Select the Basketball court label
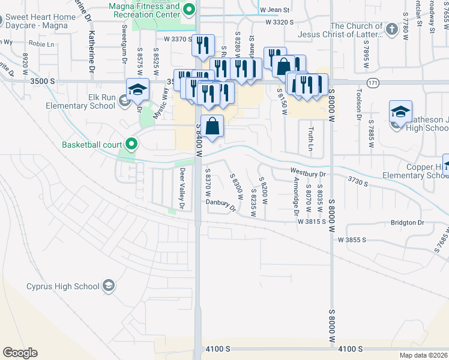click(92, 145)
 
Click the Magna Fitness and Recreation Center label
click(143, 10)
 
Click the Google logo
click(20, 353)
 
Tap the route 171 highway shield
click(373, 83)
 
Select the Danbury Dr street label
click(221, 205)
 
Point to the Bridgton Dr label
click(407, 223)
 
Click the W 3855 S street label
click(352, 239)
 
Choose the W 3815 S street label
click(311, 221)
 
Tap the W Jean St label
click(275, 10)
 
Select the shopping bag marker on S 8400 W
click(212, 126)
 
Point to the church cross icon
click(391, 29)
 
